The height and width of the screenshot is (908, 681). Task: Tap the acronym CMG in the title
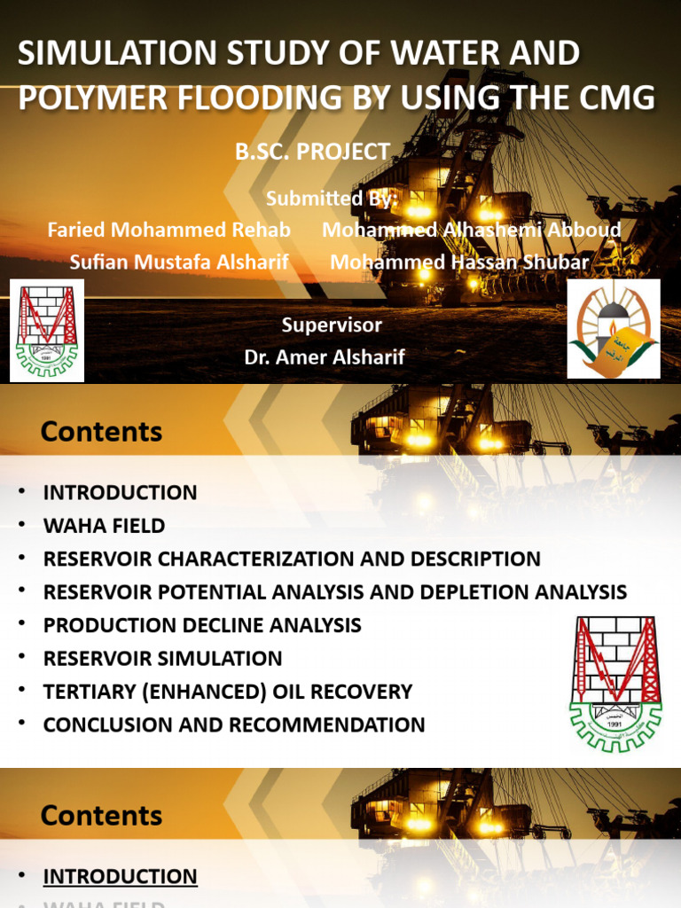[x=615, y=98]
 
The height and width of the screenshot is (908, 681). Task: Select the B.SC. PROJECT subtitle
[x=312, y=152]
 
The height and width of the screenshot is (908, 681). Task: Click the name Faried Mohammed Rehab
[x=168, y=230]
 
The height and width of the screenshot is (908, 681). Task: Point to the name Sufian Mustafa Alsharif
[x=179, y=262]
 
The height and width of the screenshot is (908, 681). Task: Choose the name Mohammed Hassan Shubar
[x=459, y=262]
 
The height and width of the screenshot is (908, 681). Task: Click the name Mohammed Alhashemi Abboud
[x=471, y=230]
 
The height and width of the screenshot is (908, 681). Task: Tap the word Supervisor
[x=332, y=325]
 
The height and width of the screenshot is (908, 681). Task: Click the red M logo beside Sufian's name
[x=47, y=330]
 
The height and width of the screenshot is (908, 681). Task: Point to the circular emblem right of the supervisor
[x=614, y=328]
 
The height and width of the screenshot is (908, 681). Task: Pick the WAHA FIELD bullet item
[x=104, y=526]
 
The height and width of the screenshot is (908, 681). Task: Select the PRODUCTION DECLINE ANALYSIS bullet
[x=202, y=625]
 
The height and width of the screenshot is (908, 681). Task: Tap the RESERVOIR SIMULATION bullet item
[x=162, y=658]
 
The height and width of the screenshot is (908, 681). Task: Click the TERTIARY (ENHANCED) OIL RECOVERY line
[x=228, y=692]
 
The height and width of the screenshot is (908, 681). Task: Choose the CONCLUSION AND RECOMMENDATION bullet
[x=234, y=724]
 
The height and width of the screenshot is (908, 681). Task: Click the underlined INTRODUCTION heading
[x=120, y=877]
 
